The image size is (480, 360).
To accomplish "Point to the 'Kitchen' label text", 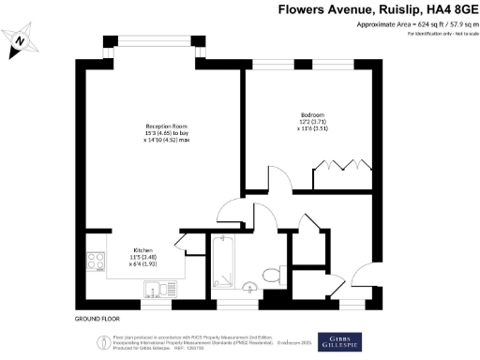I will click(x=142, y=250).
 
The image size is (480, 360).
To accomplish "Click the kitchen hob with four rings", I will click(x=96, y=262).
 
